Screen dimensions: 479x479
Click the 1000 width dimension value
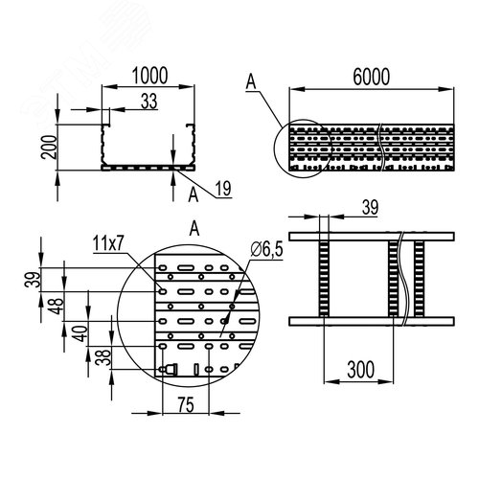(149, 76)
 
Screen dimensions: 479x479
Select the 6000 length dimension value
(371, 77)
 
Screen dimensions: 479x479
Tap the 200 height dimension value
(49, 147)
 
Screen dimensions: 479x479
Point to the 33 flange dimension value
(149, 102)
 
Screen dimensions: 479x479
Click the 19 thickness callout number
(223, 189)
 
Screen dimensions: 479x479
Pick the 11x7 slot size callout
(107, 244)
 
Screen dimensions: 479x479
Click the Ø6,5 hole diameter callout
(266, 249)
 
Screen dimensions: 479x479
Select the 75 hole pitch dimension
(186, 405)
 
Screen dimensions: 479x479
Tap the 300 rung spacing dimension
(360, 370)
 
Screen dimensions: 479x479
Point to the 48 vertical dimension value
(57, 306)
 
